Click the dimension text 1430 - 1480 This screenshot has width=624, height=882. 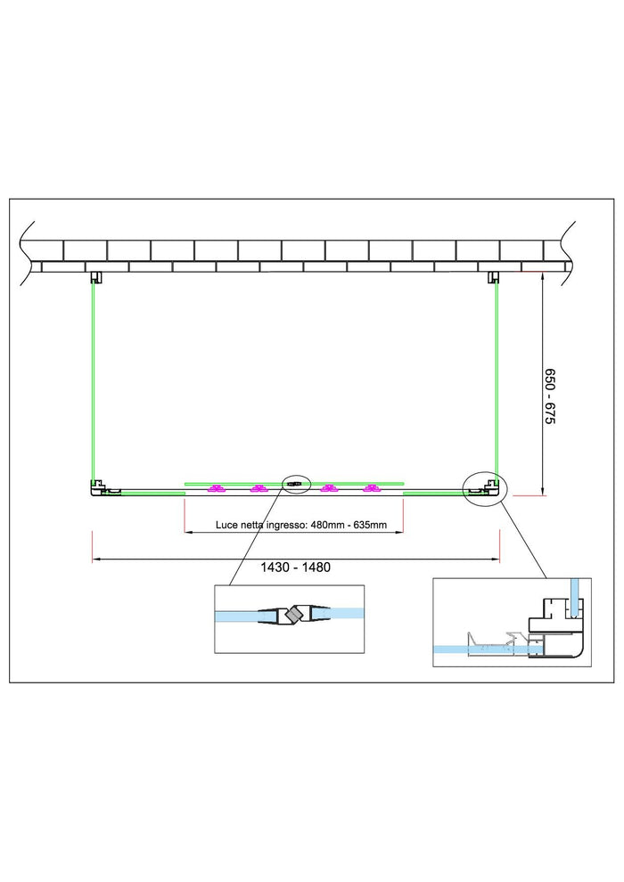295,567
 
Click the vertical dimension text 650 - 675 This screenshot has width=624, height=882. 550,396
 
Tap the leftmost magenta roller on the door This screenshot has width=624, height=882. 215,488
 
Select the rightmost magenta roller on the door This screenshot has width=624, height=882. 371,488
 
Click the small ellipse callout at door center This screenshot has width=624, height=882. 296,483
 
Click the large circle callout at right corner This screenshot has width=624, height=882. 486,487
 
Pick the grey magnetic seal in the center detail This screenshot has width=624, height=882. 293,615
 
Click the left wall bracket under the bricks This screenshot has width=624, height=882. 96,277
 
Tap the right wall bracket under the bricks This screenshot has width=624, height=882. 494,277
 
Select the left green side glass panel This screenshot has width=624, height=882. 94,381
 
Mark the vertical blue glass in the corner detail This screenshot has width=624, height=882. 573,598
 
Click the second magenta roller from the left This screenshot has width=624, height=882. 259,488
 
